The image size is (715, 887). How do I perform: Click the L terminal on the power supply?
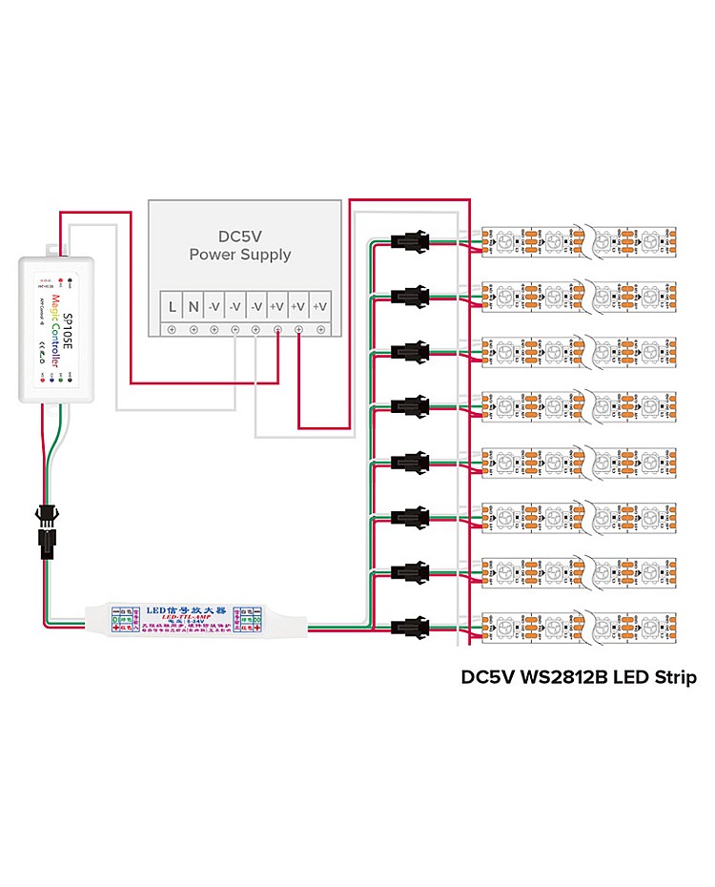coord(173,306)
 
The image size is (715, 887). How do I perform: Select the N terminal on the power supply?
coord(194,306)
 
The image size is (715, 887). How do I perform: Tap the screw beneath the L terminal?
coord(173,330)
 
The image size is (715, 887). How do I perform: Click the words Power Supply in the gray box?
coord(239,256)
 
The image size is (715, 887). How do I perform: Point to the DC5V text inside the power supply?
coord(240,236)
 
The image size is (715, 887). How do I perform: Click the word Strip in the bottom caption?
coord(674,678)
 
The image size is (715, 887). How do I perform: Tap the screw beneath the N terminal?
coord(194,330)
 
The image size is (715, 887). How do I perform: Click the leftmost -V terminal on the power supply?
coord(214,306)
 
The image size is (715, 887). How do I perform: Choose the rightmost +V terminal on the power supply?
coord(320,306)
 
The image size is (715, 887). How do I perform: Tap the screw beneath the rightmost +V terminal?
coord(320,330)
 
